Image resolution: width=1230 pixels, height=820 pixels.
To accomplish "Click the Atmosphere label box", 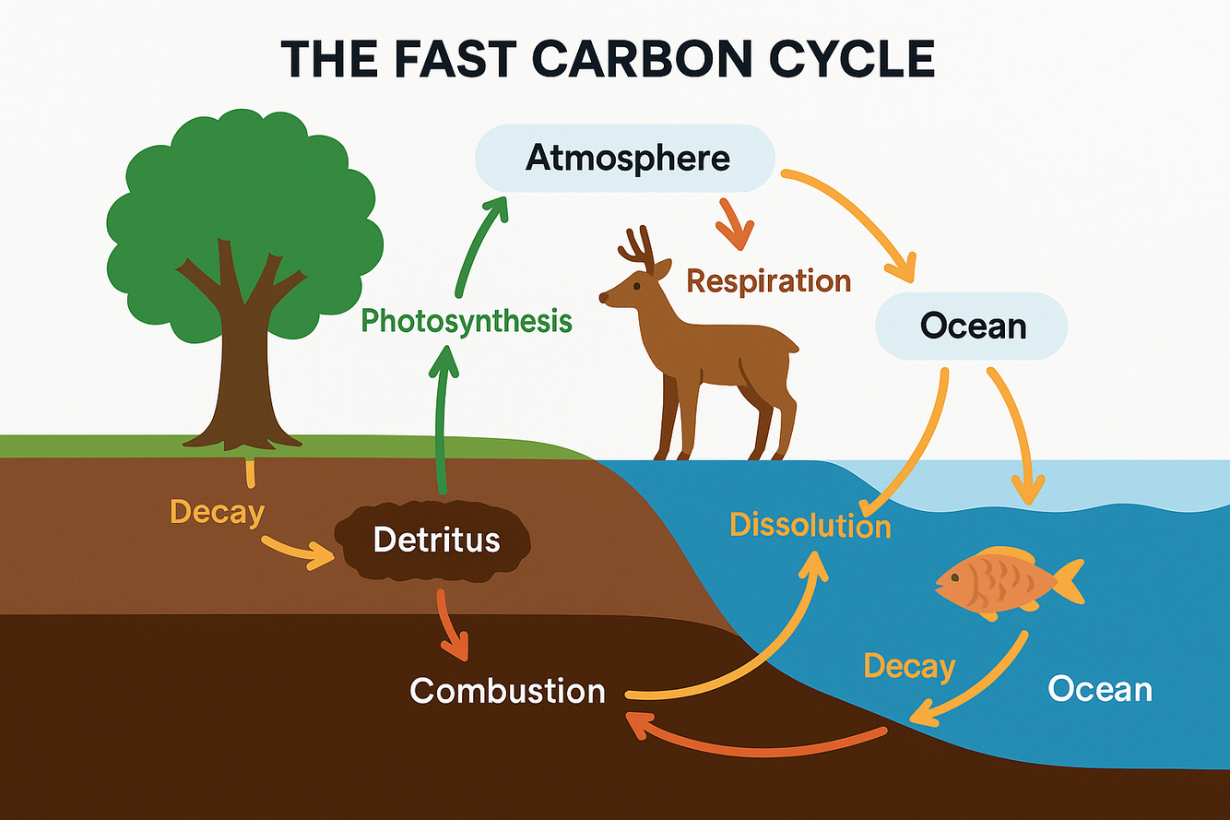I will coord(626,158).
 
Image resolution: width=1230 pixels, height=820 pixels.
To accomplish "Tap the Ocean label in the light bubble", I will coord(972,326).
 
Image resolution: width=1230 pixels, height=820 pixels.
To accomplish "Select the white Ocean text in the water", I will coord(1100,689).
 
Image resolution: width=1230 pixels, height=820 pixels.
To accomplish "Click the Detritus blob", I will coord(436,540).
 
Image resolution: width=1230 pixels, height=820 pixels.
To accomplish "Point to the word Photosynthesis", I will coord(466,321).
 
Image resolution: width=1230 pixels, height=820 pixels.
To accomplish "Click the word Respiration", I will coord(769,280).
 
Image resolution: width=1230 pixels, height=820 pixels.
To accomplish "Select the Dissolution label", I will coord(810,525).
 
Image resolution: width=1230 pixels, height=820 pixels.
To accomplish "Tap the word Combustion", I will coord(507,690).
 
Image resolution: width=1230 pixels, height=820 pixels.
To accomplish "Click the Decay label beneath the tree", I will coord(217,512).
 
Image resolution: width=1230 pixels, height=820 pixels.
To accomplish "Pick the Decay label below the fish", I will coord(908,665).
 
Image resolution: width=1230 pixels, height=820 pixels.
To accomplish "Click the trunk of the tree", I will coord(242,369).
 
